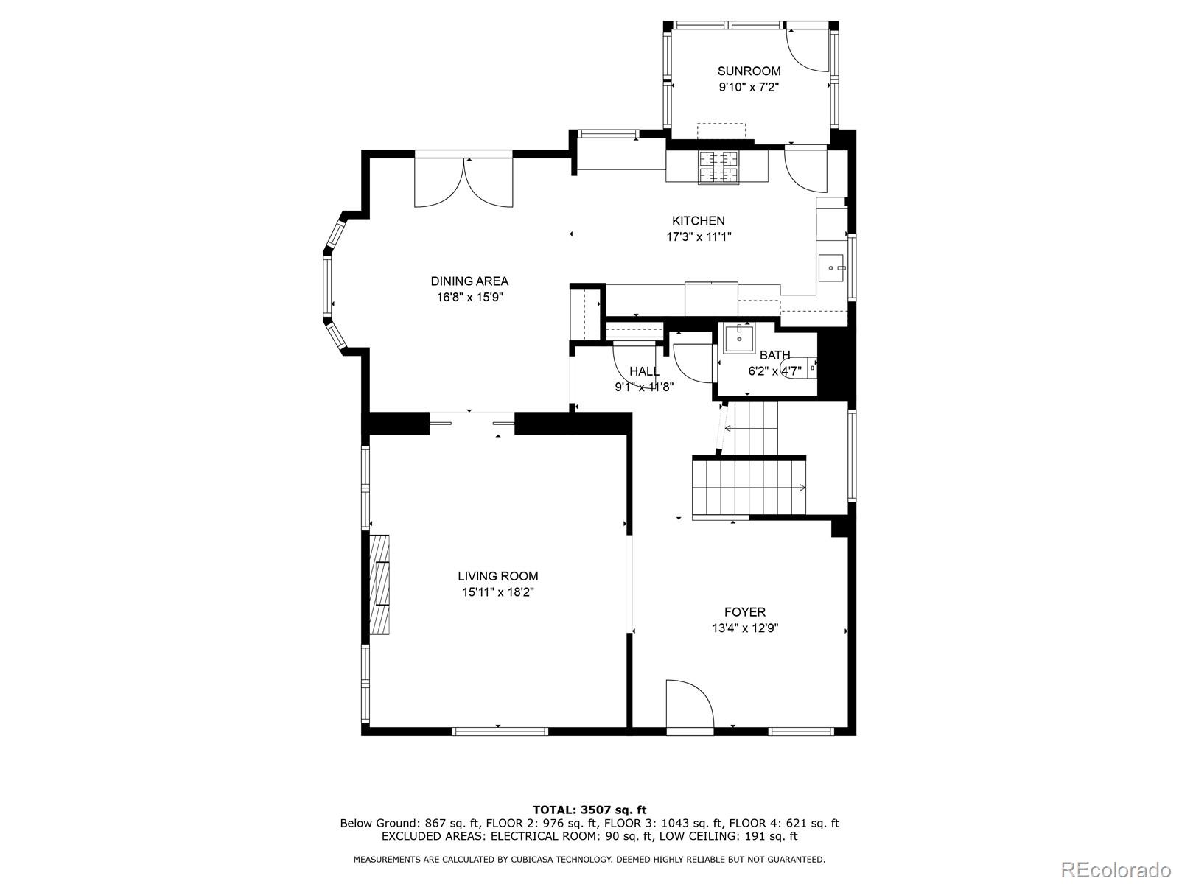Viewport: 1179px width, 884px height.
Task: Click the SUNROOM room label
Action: click(749, 71)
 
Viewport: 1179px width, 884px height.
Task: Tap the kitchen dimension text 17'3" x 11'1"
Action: click(699, 236)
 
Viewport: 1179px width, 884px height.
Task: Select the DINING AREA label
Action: click(469, 281)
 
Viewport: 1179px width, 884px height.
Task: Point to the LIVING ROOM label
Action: click(498, 576)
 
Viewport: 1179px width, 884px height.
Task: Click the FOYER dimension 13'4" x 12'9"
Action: click(745, 628)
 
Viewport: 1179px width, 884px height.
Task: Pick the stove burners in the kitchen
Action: click(718, 167)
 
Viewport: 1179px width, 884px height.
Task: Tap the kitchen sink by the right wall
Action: click(832, 268)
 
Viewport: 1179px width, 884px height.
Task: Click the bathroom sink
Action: click(738, 338)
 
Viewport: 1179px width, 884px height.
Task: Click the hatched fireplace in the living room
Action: click(379, 584)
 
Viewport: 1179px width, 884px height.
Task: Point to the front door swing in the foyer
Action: click(690, 703)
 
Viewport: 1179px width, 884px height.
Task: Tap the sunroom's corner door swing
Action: click(808, 50)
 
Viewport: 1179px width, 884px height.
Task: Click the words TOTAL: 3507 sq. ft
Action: click(589, 810)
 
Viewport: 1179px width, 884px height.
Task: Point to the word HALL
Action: click(644, 371)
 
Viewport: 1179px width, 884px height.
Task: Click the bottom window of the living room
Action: click(500, 731)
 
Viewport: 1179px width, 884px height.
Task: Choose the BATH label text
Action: click(774, 355)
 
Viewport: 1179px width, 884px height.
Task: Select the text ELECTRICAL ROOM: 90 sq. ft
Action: click(572, 835)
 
